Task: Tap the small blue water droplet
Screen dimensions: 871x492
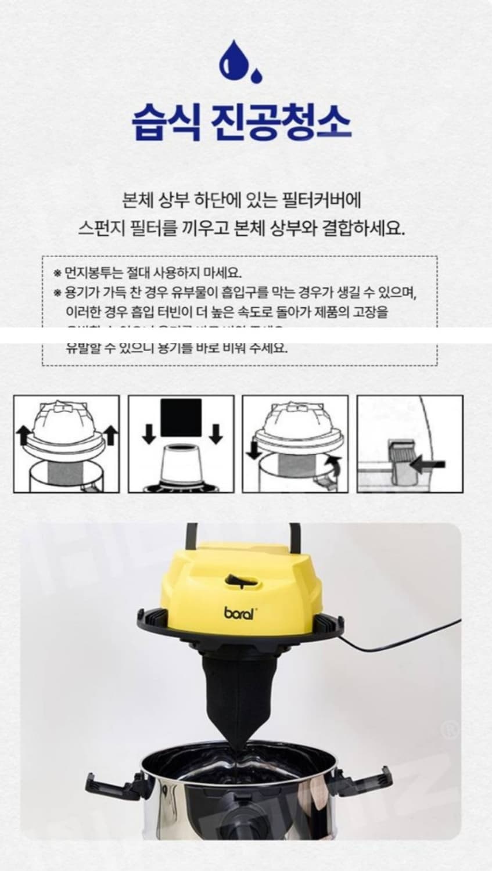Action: (x=256, y=75)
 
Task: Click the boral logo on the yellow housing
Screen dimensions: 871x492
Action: (x=239, y=614)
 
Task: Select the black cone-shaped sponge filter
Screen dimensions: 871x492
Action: (x=238, y=691)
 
